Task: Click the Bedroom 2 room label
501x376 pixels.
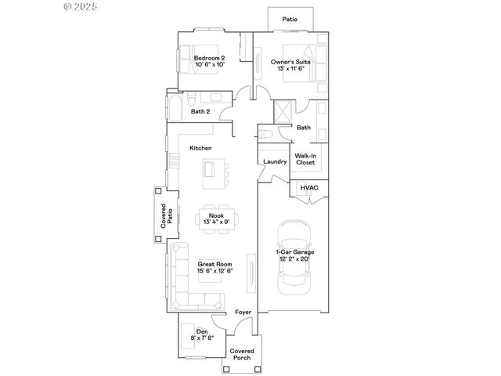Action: [x=210, y=58]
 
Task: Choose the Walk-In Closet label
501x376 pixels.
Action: [x=305, y=159]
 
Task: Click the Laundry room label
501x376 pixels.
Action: [x=275, y=162]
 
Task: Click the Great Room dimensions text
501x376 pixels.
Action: [x=214, y=271]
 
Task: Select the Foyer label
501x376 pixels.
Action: [x=243, y=313]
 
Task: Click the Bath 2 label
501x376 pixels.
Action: [x=201, y=112]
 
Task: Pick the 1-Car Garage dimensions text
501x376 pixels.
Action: [x=294, y=258]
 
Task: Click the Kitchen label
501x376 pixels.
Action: [x=200, y=148]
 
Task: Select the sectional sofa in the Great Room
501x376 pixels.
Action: [x=185, y=282]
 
